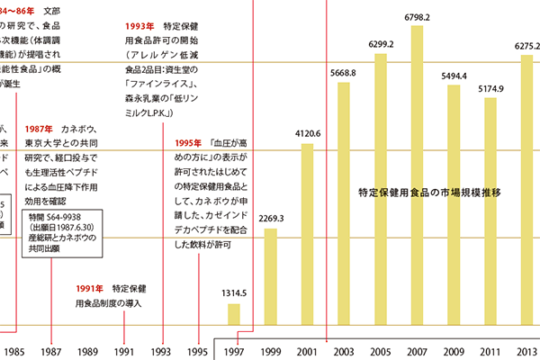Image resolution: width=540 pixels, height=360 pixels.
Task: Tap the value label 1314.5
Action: (x=234, y=293)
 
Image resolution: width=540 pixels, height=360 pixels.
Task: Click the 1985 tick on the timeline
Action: (x=13, y=352)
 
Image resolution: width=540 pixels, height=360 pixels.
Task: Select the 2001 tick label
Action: (x=306, y=352)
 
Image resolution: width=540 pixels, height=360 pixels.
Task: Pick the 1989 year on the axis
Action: (x=88, y=352)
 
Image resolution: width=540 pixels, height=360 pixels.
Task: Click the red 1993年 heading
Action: (x=139, y=27)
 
